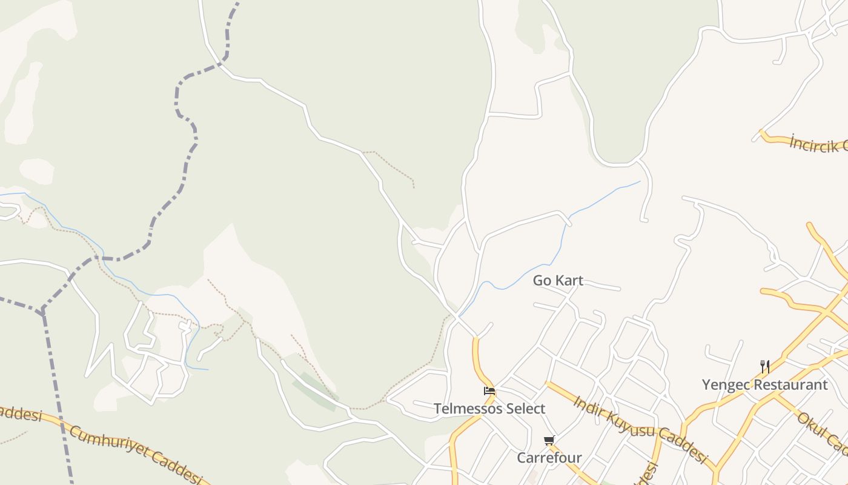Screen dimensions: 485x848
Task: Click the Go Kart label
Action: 558,281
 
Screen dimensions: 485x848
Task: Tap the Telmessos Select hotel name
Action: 489,409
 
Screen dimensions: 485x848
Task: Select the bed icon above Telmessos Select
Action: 489,391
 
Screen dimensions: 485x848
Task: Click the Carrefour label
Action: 549,458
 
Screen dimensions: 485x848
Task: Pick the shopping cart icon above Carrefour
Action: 549,440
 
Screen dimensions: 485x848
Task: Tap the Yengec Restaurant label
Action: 764,385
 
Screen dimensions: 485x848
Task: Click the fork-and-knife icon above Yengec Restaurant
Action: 765,366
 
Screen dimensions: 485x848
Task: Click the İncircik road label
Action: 818,144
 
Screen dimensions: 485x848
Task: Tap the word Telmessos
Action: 466,409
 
